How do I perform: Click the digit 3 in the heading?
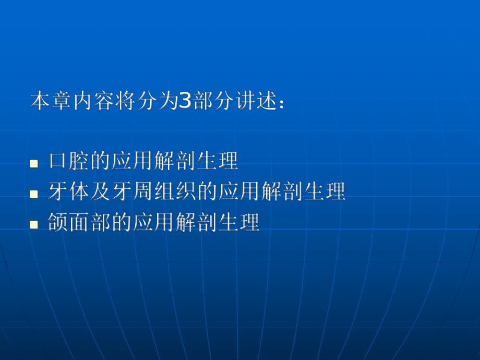(186, 101)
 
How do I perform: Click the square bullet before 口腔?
(34, 163)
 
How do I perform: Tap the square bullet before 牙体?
(34, 194)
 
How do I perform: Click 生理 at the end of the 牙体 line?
(324, 192)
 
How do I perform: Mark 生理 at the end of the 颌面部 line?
(238, 223)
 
